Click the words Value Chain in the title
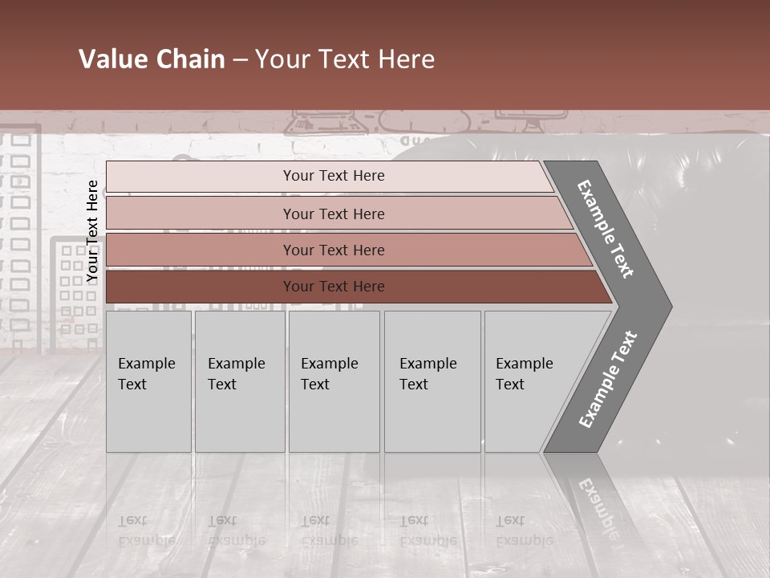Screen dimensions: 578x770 (152, 59)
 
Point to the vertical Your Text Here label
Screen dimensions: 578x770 (92, 231)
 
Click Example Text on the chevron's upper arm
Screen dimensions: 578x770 (606, 229)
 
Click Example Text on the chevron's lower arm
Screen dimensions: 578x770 (608, 379)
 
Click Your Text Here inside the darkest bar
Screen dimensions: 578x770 (334, 287)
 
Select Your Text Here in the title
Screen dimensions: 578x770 (345, 59)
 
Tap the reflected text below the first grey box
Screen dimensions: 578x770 (146, 531)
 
